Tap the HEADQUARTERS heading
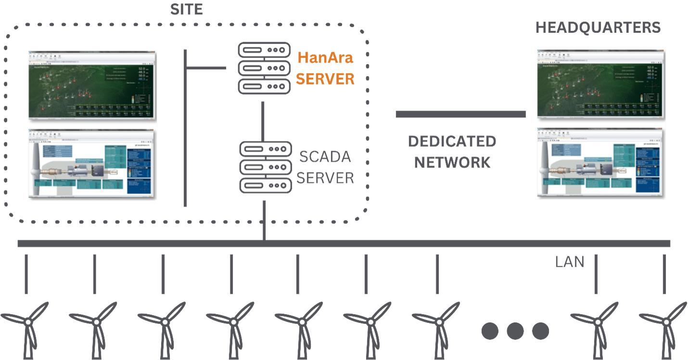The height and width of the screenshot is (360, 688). click(598, 27)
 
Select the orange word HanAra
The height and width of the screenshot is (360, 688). click(325, 58)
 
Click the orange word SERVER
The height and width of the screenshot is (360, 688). click(325, 78)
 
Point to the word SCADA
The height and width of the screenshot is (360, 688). click(325, 157)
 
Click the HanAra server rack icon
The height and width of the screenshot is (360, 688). click(265, 68)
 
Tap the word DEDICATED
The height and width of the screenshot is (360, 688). click(452, 141)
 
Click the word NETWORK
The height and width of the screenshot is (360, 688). click(452, 163)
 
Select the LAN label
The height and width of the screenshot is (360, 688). click(570, 262)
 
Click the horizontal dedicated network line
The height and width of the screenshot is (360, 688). click(460, 114)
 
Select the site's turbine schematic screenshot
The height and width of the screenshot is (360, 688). click(91, 164)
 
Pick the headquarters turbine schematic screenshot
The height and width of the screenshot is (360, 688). click(600, 163)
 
